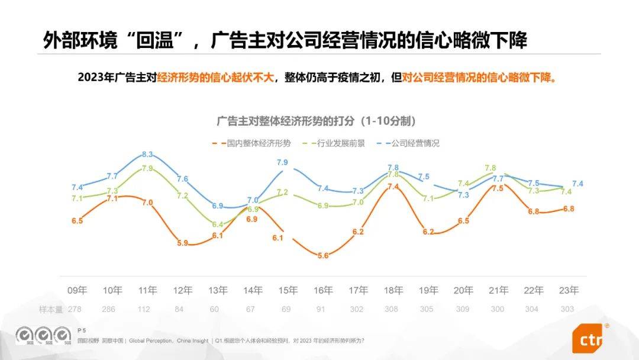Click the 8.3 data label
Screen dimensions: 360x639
tap(147, 155)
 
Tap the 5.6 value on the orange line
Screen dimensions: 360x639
tap(323, 255)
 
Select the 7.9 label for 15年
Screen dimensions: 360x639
tap(282, 162)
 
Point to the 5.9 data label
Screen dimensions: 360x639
tap(182, 243)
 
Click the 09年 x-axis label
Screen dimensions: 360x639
tap(77, 290)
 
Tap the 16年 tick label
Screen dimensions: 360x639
tap(323, 290)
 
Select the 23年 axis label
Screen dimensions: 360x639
tap(569, 290)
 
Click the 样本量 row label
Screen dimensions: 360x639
tap(51, 309)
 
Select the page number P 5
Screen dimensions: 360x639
tap(82, 330)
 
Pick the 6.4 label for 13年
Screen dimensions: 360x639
tap(217, 224)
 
